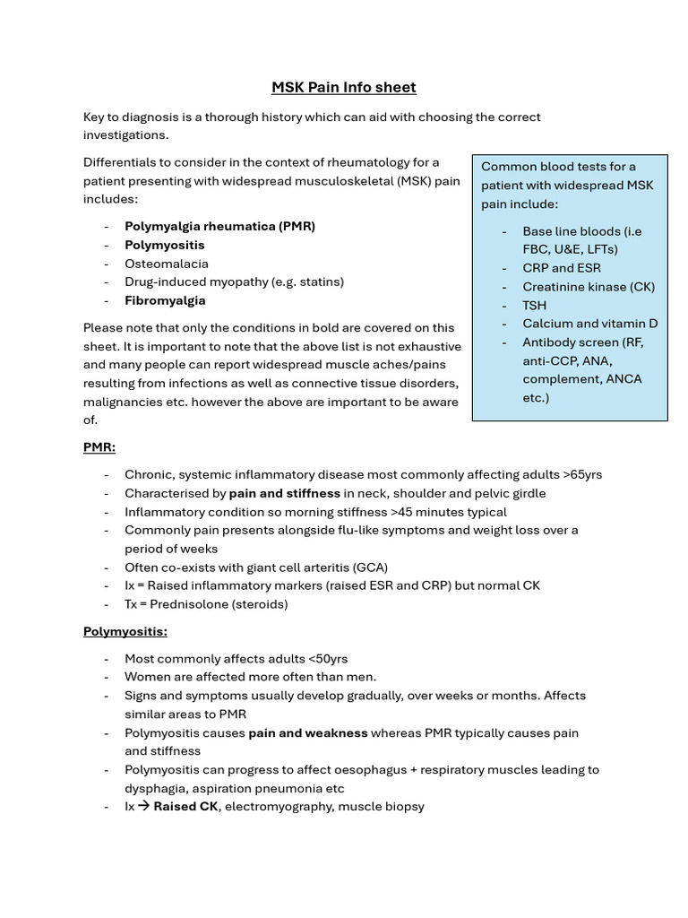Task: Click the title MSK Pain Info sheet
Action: click(344, 87)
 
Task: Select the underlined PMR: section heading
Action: click(99, 447)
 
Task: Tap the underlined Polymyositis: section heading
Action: click(125, 631)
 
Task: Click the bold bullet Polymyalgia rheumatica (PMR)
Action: click(219, 227)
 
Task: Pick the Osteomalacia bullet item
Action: click(166, 264)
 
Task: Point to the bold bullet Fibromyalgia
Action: click(165, 300)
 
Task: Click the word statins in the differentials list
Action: click(321, 281)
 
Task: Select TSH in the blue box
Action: click(535, 305)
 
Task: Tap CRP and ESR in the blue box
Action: click(562, 268)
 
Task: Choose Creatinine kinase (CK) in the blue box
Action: click(589, 287)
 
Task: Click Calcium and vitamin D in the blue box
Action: click(589, 324)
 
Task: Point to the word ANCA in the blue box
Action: click(623, 379)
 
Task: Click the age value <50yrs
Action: click(326, 659)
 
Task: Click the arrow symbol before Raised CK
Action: click(143, 807)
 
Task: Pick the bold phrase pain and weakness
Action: click(307, 733)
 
